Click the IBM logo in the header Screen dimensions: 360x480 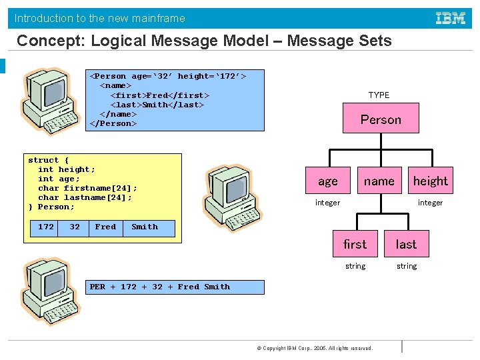(451, 18)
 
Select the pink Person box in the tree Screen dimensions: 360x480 (381, 120)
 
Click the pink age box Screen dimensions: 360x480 (327, 181)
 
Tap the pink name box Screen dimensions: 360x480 (379, 181)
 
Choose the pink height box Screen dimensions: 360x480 (431, 181)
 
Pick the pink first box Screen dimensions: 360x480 (355, 244)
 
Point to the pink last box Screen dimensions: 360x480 (406, 244)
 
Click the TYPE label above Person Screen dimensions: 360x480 (379, 95)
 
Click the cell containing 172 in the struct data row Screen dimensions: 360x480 (46, 227)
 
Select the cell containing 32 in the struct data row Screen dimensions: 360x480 (75, 227)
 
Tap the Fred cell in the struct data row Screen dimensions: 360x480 (105, 227)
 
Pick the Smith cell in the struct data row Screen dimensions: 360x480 (145, 227)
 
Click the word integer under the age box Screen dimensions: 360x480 (327, 203)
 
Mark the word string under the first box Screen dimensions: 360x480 (355, 266)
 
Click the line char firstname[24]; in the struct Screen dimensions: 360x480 (87, 188)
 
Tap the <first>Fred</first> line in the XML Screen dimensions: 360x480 (159, 95)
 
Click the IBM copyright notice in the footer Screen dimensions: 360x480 (314, 348)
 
